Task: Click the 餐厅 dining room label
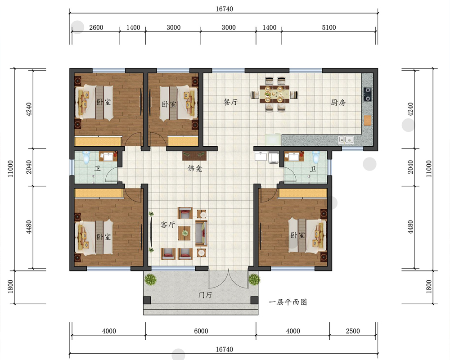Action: pyautogui.click(x=231, y=102)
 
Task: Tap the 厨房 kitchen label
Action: pyautogui.click(x=338, y=103)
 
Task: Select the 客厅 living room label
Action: pyautogui.click(x=168, y=224)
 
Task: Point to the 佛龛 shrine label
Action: pyautogui.click(x=195, y=168)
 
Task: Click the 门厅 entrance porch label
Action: pyautogui.click(x=205, y=295)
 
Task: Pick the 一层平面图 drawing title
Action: pyautogui.click(x=288, y=302)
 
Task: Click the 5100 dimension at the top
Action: pyautogui.click(x=329, y=27)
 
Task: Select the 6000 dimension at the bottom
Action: pyautogui.click(x=201, y=331)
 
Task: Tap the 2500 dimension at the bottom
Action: pyautogui.click(x=353, y=331)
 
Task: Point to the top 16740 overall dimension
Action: pyautogui.click(x=225, y=9)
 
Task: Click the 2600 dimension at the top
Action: pyautogui.click(x=96, y=27)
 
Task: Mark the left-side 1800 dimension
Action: pyautogui.click(x=10, y=287)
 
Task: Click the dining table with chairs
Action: pyautogui.click(x=274, y=94)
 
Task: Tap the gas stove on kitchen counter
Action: pyautogui.click(x=367, y=94)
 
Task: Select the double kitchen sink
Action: pyautogui.click(x=346, y=140)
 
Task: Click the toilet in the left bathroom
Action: pyautogui.click(x=86, y=157)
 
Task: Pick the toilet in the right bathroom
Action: pyautogui.click(x=316, y=157)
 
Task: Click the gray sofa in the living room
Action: pyautogui.click(x=202, y=233)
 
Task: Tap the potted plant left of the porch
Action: pyautogui.click(x=150, y=279)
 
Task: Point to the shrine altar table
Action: pyautogui.click(x=194, y=156)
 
